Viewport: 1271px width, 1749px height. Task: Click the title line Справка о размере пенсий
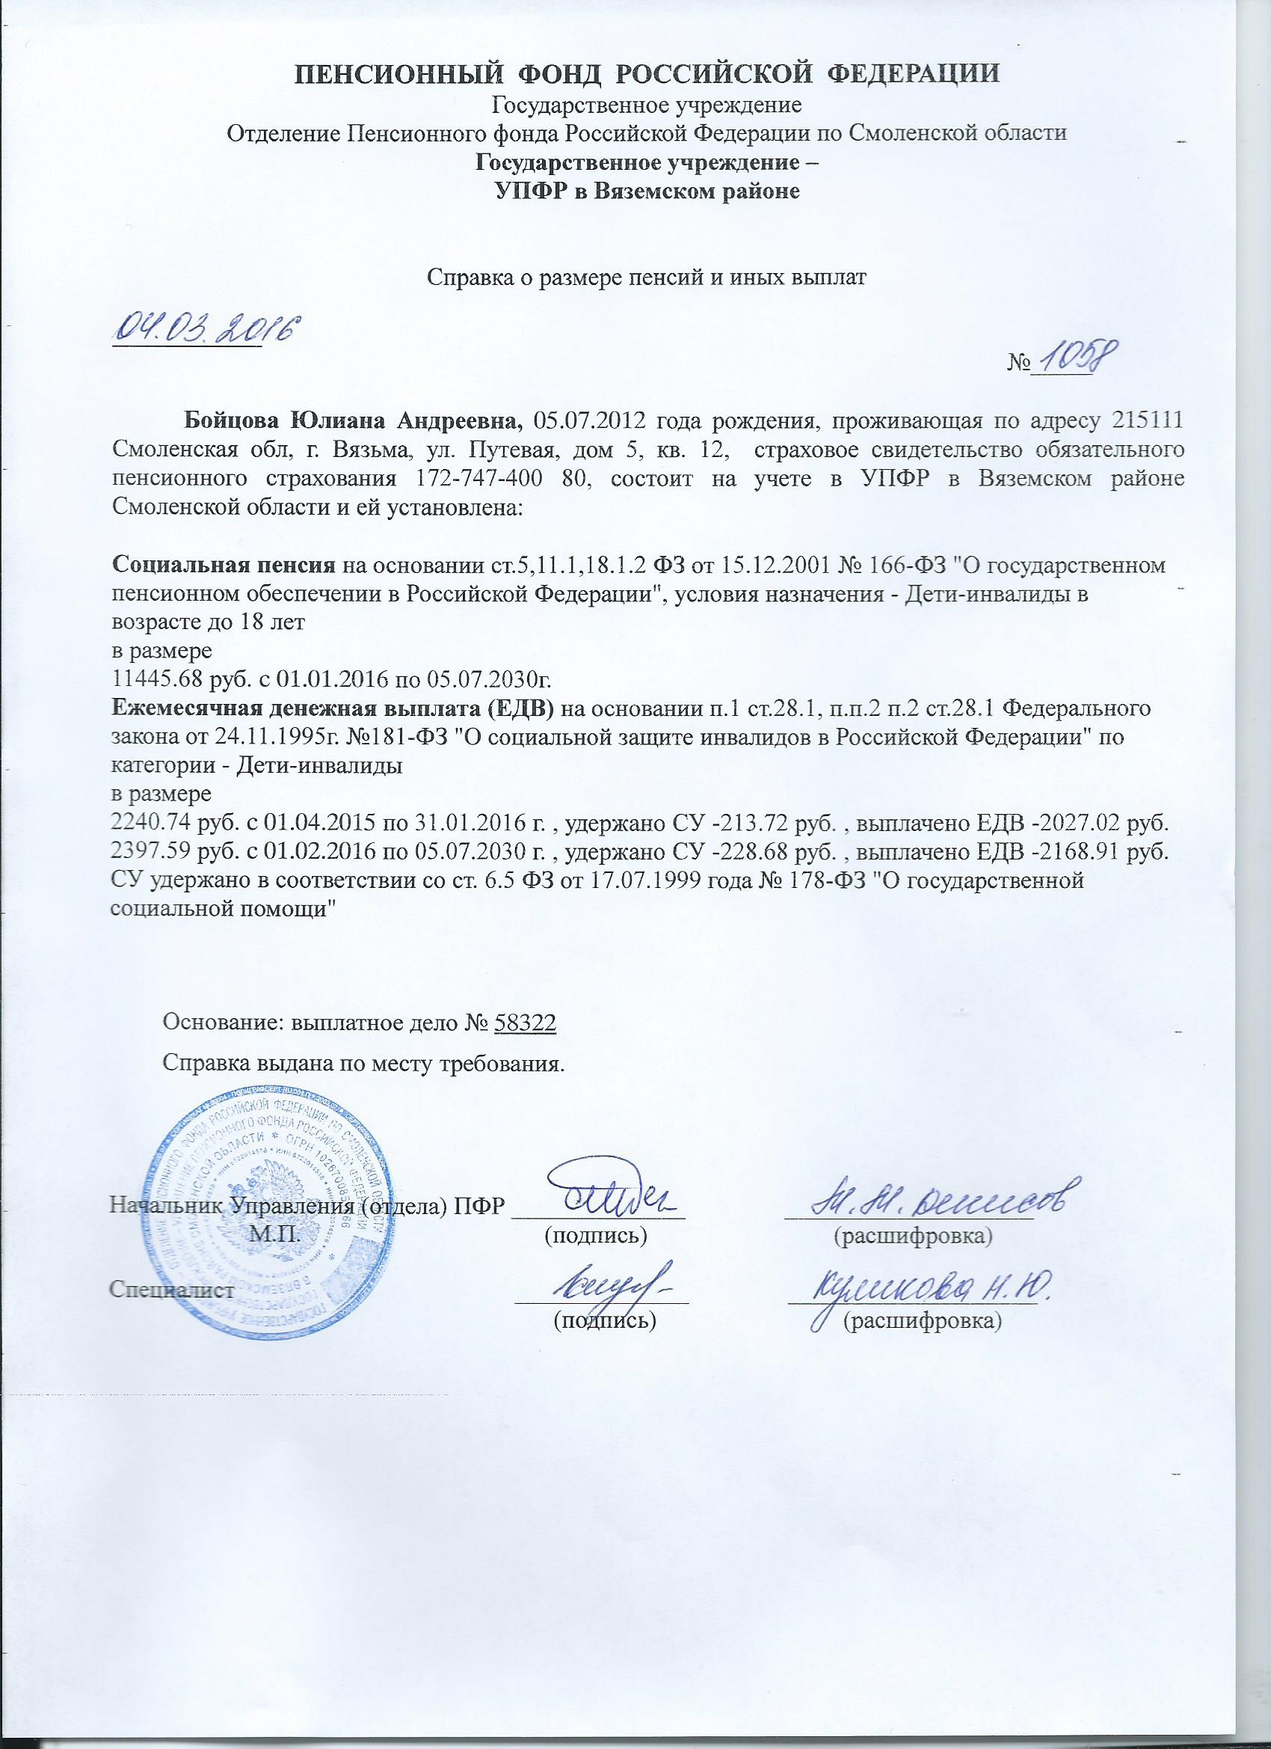(x=647, y=279)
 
